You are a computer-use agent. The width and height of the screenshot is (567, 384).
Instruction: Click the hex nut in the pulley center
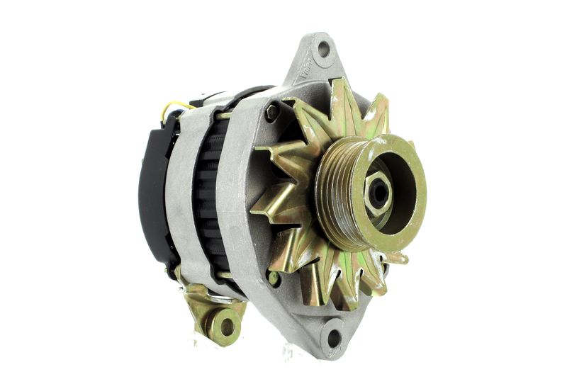click(377, 191)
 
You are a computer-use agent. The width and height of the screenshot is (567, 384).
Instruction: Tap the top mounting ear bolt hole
click(323, 49)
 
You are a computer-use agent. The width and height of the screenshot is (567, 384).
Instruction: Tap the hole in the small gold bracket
click(226, 327)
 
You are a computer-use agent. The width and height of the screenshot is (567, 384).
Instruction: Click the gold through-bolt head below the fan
click(273, 278)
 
